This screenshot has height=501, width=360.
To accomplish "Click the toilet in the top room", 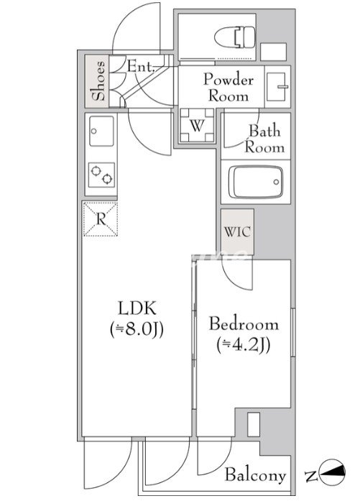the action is [x=235, y=37].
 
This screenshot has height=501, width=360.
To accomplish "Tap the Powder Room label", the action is [x=228, y=88].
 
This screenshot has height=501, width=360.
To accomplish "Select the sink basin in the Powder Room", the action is [x=277, y=87].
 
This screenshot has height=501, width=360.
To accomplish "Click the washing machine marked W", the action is [x=197, y=125].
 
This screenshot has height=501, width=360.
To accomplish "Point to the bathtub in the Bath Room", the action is [x=256, y=182].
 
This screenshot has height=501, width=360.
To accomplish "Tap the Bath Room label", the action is [x=264, y=139].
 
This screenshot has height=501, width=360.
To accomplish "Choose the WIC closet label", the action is [x=237, y=231].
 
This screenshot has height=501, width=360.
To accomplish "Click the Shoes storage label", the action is [x=98, y=81].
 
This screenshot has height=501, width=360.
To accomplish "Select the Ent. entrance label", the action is [x=141, y=67].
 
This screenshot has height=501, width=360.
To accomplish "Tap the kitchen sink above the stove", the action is [x=101, y=131].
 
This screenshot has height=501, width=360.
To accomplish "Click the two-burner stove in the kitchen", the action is [x=101, y=175].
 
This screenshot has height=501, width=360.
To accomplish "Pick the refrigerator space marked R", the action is [x=101, y=219].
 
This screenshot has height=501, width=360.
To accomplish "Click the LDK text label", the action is [x=137, y=308].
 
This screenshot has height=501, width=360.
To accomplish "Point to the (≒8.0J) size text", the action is [x=137, y=329].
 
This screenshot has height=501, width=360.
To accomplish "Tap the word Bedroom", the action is [x=244, y=324].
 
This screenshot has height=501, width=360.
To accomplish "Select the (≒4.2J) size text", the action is [x=244, y=344].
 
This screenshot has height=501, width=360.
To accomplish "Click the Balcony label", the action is [x=255, y=475].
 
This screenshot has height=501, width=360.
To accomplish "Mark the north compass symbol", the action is [x=333, y=472].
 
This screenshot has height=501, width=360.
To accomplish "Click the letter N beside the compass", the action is [x=310, y=477].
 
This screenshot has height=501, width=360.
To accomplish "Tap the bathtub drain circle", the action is [x=276, y=182].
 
